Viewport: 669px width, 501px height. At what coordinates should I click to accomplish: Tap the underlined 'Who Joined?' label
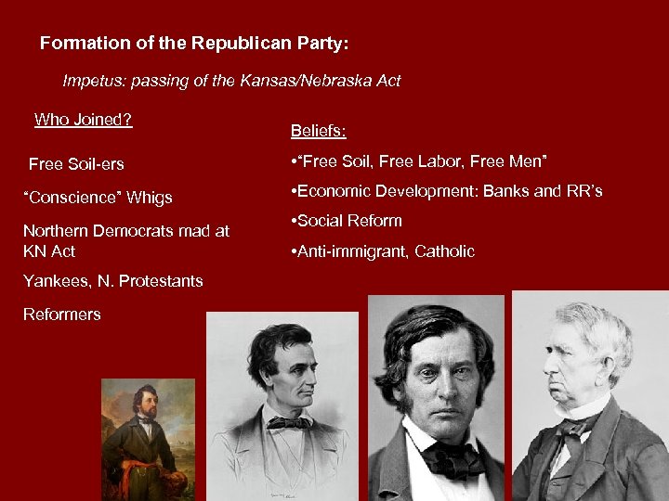pos(83,120)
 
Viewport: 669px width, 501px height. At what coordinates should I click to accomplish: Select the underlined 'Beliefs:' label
pos(319,131)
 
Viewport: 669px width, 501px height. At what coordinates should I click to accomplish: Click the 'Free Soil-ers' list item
pos(76,164)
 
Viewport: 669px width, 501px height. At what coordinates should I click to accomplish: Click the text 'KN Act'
pos(49,251)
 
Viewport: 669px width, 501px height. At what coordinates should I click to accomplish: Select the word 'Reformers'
pos(61,315)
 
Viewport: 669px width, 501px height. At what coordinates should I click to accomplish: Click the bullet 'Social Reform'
pos(348,221)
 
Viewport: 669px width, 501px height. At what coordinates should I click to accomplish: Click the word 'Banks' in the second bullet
pos(507,191)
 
